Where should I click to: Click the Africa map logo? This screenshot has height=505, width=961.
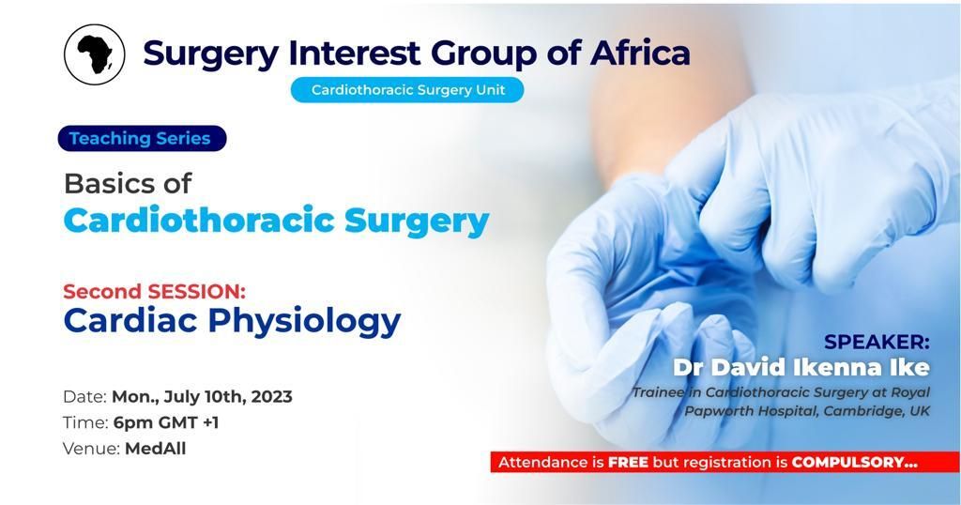[x=94, y=54]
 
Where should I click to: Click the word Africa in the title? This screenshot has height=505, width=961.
[x=640, y=53]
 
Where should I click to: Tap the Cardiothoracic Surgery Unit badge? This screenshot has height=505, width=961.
[x=406, y=90]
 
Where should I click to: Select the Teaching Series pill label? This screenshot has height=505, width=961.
[x=142, y=139]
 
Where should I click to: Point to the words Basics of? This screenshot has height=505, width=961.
[x=128, y=183]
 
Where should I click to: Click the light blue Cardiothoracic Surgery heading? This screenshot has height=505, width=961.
[x=276, y=221]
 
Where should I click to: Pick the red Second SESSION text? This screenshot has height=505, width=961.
[x=154, y=291]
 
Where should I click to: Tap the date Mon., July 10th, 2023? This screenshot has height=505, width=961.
[x=202, y=396]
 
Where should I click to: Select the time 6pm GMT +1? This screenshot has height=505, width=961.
[x=166, y=422]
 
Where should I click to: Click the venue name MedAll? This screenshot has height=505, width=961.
[x=156, y=449]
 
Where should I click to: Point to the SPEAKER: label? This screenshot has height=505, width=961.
[x=877, y=342]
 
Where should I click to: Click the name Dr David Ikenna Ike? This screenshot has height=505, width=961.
[x=801, y=366]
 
